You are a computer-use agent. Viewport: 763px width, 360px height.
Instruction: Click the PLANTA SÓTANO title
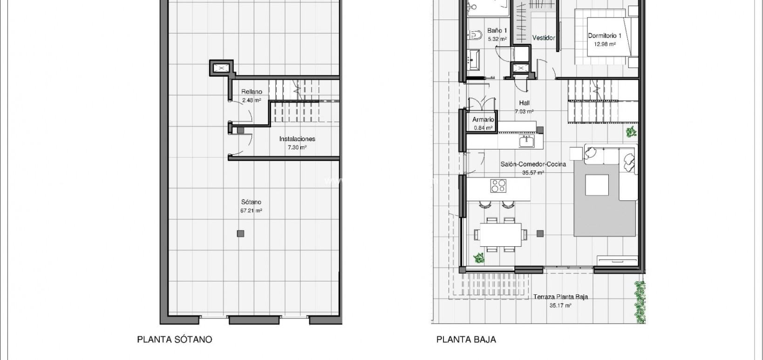174,340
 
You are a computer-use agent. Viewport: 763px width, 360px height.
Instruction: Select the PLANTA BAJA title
466,340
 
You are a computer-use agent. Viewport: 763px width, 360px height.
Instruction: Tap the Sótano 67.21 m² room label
251,206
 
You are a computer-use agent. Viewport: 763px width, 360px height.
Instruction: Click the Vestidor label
543,38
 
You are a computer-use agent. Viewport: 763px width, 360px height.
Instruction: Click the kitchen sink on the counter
528,141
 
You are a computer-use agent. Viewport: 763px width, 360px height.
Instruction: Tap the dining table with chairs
501,234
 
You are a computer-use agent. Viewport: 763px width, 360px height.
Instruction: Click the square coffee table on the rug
597,184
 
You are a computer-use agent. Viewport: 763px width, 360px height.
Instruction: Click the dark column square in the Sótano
240,234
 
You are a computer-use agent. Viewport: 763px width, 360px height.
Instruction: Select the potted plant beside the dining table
478,257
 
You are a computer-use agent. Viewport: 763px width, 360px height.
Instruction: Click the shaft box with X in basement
221,68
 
